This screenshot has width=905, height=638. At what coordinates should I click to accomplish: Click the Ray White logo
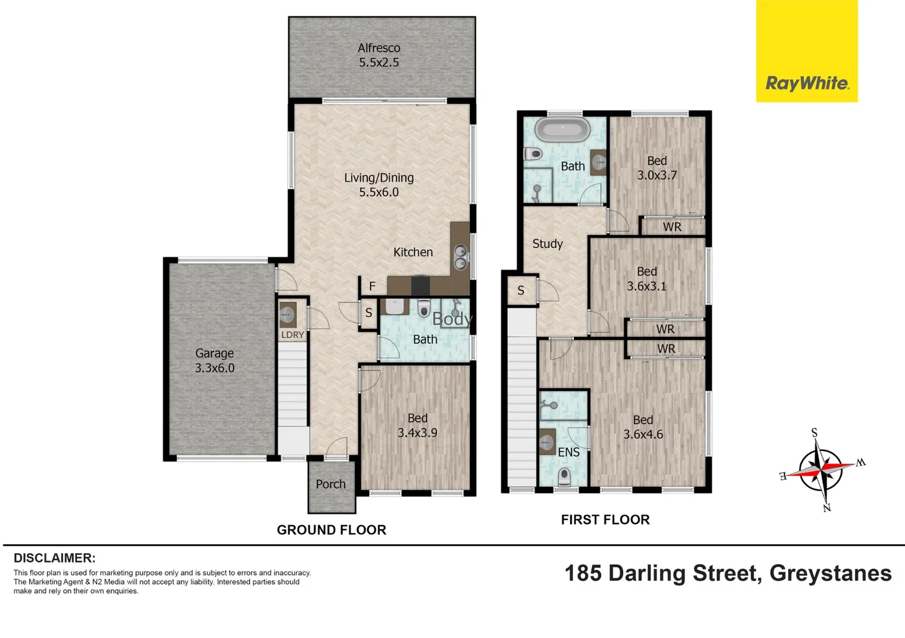(x=807, y=83)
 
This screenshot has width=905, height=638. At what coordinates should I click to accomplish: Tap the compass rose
(x=822, y=467)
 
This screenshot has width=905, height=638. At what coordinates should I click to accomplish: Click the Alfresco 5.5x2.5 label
(x=379, y=55)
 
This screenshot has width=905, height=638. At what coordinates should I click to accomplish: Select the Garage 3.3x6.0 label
(x=214, y=360)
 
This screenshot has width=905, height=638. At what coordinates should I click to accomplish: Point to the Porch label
(x=330, y=484)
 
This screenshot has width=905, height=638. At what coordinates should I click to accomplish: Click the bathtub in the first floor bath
(x=562, y=129)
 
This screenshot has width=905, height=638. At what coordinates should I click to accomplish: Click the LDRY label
(x=292, y=335)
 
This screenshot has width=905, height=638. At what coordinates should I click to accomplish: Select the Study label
(x=547, y=243)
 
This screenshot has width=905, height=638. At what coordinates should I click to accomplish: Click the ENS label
(x=568, y=452)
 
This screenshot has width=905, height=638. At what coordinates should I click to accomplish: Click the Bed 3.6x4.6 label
(x=643, y=427)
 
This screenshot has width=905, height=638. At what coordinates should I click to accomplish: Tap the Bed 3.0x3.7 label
(x=657, y=168)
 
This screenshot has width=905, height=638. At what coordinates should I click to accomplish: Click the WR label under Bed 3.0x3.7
(x=672, y=227)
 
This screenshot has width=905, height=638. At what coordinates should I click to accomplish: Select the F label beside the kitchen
(x=372, y=287)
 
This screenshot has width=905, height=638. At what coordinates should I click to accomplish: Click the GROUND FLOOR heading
(x=331, y=530)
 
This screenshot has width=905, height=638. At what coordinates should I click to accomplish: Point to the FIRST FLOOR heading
(x=605, y=520)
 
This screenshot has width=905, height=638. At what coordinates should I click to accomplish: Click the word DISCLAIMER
(x=54, y=558)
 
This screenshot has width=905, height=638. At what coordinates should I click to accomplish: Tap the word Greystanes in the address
(x=830, y=573)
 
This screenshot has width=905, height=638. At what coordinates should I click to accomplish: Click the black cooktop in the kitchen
(x=421, y=286)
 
